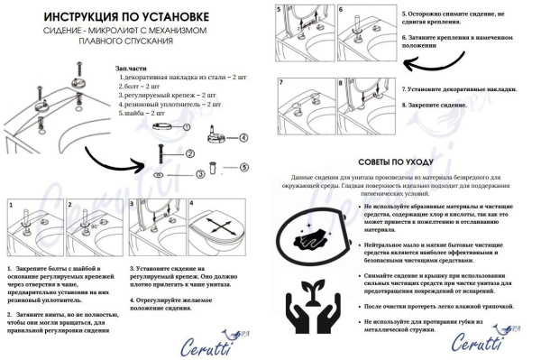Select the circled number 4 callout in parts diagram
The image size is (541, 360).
point(243,138)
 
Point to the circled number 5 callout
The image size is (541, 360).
point(243,168)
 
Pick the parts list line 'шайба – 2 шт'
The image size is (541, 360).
point(145,114)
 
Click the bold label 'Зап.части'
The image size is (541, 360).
point(133,69)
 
